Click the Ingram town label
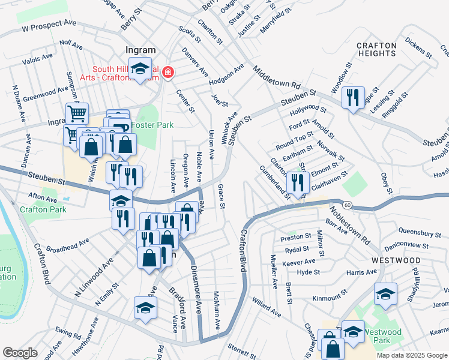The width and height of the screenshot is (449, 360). (x=140, y=50)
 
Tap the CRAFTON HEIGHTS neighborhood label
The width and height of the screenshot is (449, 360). (x=376, y=49)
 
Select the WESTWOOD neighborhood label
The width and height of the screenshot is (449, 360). (x=396, y=260)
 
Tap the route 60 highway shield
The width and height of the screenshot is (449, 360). (x=348, y=205)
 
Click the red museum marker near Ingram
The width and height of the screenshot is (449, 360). (x=168, y=73)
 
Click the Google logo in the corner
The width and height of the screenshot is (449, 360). (x=20, y=353)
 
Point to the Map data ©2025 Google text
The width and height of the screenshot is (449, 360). (x=411, y=355)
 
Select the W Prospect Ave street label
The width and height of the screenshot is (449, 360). (x=49, y=25)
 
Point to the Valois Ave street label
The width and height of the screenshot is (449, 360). (x=37, y=59)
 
